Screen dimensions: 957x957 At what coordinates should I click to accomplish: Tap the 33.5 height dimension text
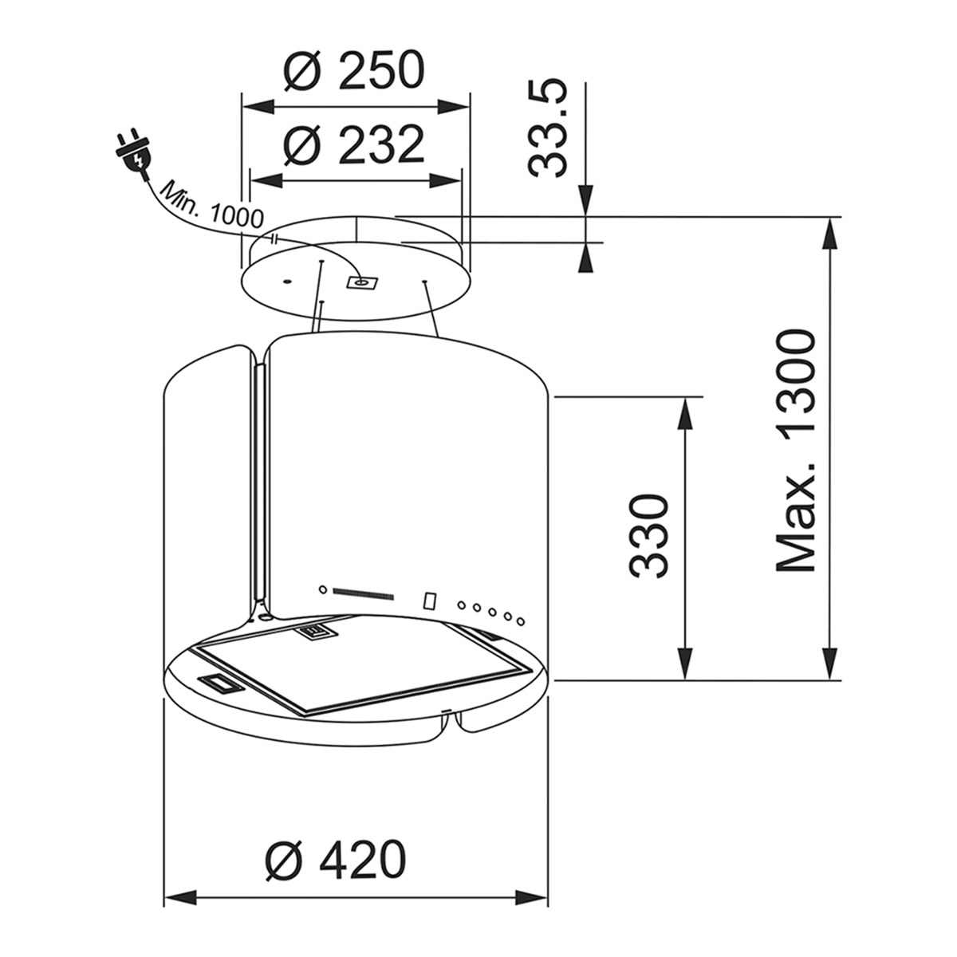coord(547,129)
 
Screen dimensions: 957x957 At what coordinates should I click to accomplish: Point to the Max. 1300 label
coord(796,450)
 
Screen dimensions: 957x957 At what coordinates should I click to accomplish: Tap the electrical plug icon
coord(132,154)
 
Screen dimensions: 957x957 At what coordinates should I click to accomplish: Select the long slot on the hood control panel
coord(363,593)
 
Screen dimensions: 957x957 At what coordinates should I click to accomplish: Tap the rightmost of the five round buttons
coord(521,621)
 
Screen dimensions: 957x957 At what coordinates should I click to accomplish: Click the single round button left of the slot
coord(322,589)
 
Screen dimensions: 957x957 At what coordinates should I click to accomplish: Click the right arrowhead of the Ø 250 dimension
coord(454,107)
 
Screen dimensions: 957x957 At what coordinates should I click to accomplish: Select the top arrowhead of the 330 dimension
coord(685,412)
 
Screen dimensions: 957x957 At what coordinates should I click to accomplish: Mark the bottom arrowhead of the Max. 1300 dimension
coord(830,664)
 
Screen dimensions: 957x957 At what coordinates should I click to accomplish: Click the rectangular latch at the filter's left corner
coord(220,683)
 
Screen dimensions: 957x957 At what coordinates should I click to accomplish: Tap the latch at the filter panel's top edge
coord(317,631)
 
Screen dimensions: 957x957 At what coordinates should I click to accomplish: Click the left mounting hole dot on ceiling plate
coord(287,282)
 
